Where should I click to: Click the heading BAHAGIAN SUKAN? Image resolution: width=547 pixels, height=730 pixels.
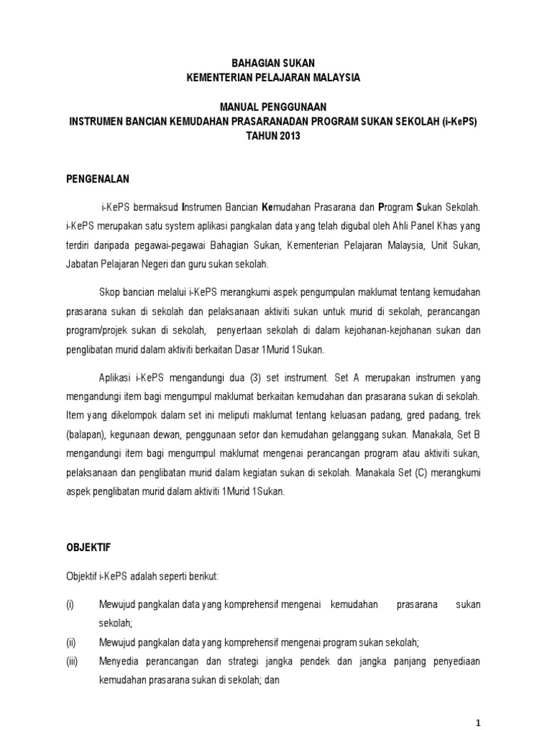[x=273, y=63]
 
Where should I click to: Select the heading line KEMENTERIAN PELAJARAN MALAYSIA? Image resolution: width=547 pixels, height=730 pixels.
[x=273, y=77]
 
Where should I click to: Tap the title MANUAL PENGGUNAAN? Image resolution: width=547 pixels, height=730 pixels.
[x=273, y=107]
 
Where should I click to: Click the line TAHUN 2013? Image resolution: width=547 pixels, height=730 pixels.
[x=273, y=135]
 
